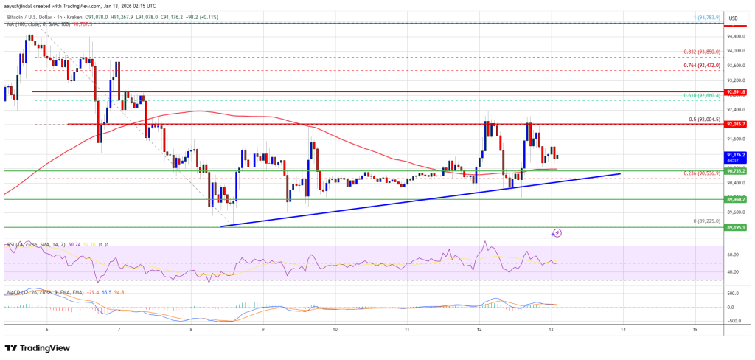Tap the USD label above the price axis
(733, 18)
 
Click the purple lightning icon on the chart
(557, 233)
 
